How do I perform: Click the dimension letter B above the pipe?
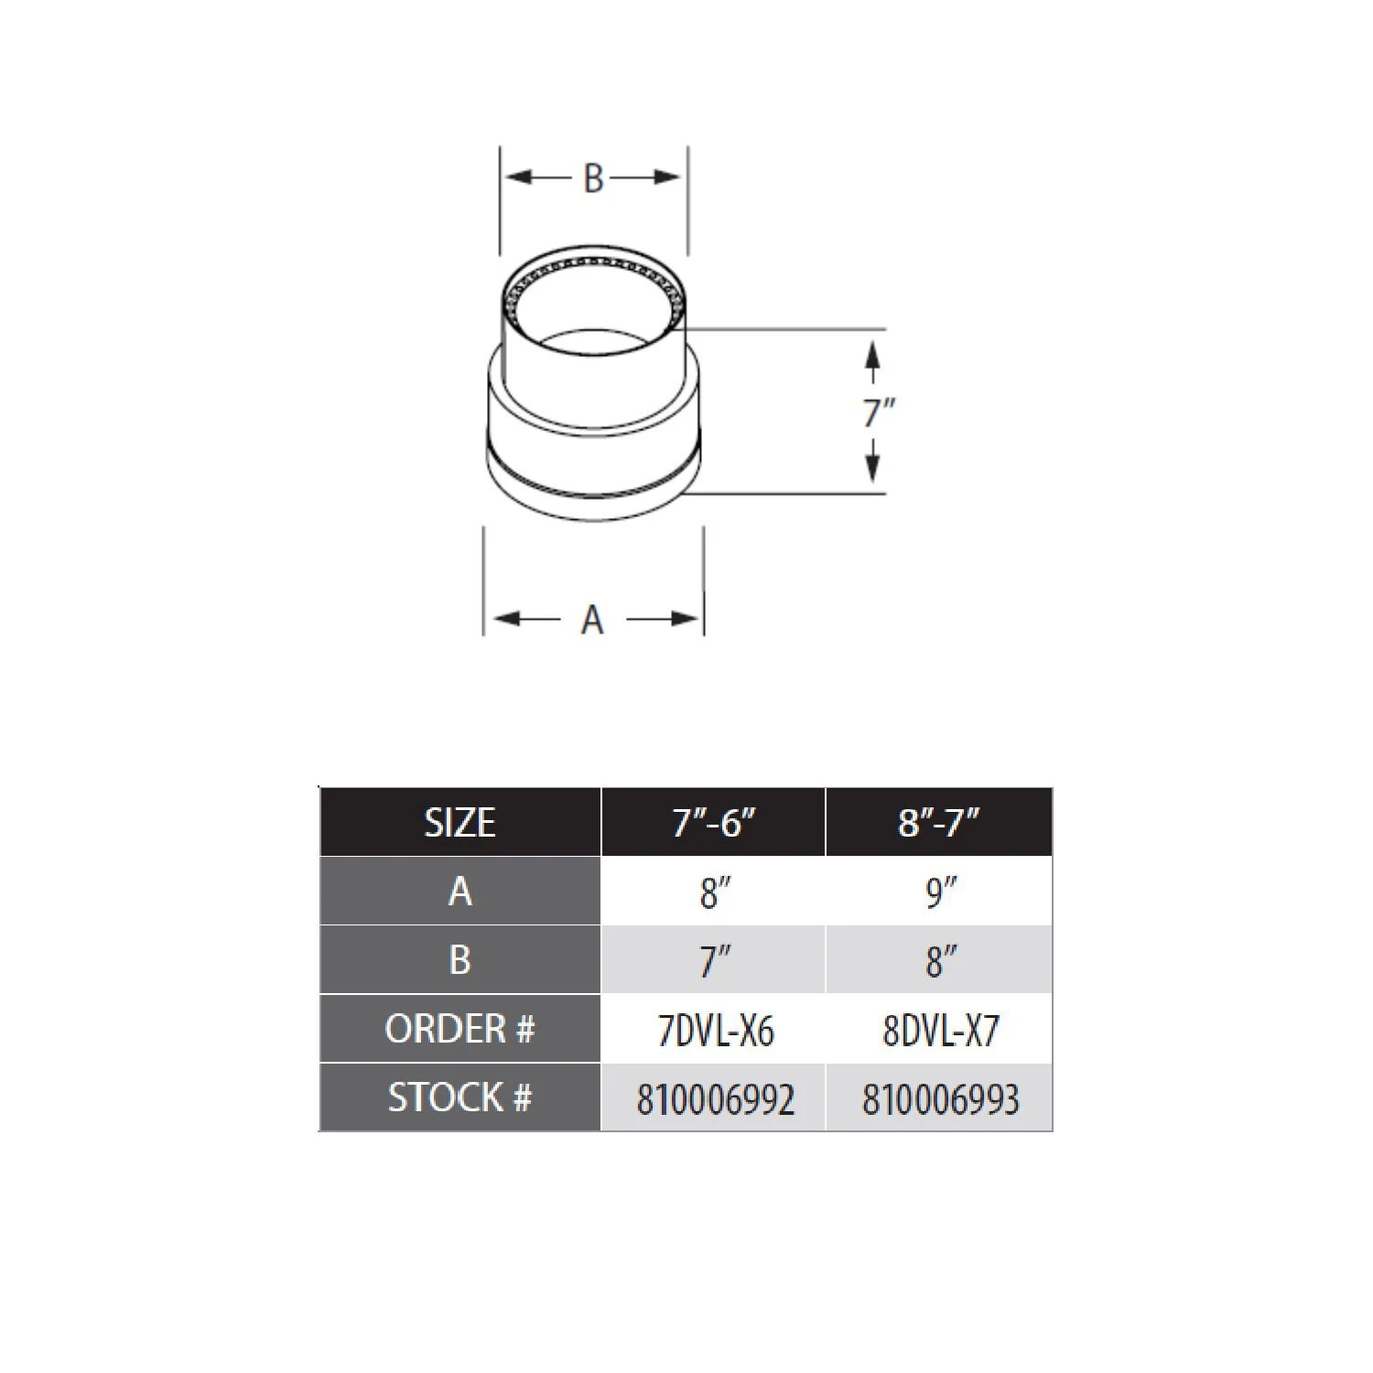(x=593, y=178)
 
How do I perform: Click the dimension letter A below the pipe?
(x=592, y=620)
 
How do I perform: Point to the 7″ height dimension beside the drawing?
(x=878, y=413)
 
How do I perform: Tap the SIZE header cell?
(x=459, y=822)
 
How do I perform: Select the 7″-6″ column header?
(x=714, y=822)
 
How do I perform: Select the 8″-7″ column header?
(x=939, y=822)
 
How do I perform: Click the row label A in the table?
(x=460, y=891)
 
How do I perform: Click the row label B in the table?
(x=459, y=959)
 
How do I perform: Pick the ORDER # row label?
(x=459, y=1029)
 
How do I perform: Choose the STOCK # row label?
(x=459, y=1097)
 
